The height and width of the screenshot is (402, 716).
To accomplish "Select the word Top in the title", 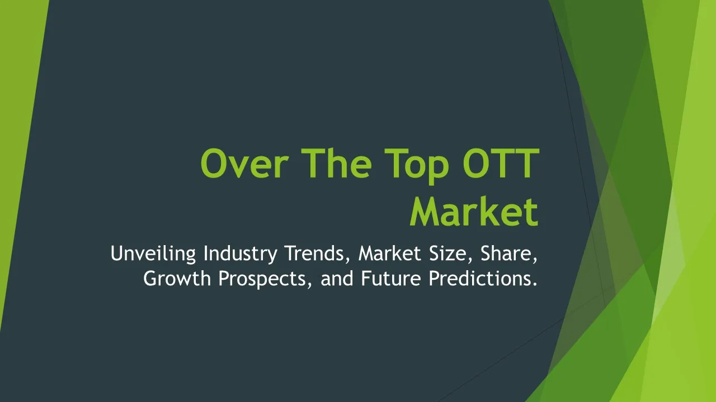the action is click(417, 166).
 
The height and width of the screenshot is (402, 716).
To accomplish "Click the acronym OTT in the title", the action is click(501, 163).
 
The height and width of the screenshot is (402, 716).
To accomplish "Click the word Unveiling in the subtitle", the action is click(153, 253).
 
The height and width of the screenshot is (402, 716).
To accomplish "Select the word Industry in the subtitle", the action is click(241, 254).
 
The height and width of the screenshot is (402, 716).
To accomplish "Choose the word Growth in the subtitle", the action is click(177, 278).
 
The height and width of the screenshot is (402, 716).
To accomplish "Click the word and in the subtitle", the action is click(337, 278).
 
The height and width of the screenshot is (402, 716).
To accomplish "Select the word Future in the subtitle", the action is click(391, 278).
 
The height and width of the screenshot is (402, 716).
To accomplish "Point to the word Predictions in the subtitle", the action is click(479, 278).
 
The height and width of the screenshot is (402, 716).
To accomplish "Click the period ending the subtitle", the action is click(535, 284).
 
